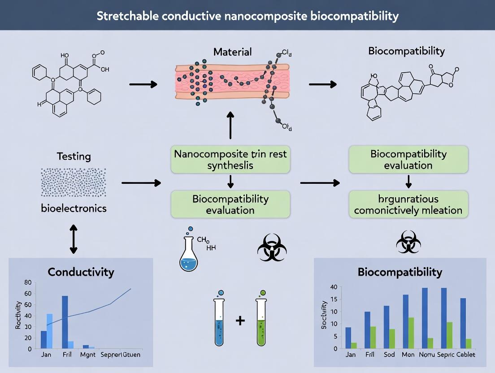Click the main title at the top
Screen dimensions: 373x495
(247, 17)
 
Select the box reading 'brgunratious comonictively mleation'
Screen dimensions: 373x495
(408, 204)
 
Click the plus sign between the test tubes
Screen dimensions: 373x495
(241, 321)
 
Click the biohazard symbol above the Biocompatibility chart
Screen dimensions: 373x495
(408, 243)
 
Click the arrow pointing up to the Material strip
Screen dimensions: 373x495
(230, 125)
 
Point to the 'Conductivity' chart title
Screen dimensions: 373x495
(81, 272)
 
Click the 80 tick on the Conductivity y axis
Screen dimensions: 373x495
(28, 282)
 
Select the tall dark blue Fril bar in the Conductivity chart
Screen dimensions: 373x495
(65, 322)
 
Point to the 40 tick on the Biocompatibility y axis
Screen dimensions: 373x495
(333, 287)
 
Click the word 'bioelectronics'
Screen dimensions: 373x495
(74, 208)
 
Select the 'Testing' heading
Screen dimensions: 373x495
(74, 156)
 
